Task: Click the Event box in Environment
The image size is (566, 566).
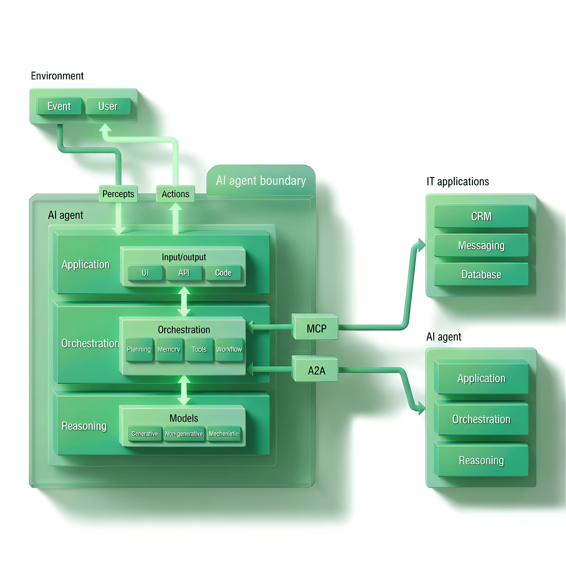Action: (x=59, y=106)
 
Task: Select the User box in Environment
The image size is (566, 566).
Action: (x=108, y=106)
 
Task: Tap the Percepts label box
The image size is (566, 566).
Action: (x=118, y=194)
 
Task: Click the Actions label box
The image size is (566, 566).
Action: (x=175, y=194)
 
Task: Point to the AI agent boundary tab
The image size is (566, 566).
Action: (x=261, y=180)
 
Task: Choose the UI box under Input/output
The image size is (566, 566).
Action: (x=145, y=273)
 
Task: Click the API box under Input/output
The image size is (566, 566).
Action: (x=184, y=273)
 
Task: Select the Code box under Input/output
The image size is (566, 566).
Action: (x=223, y=273)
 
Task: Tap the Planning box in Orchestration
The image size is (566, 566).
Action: (x=138, y=349)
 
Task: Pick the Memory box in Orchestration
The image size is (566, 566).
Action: (x=169, y=349)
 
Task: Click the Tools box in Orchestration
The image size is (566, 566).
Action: (x=199, y=349)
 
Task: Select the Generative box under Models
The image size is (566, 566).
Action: (x=145, y=434)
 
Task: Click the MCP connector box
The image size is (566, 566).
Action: (x=316, y=328)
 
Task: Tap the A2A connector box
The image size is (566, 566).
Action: (x=316, y=371)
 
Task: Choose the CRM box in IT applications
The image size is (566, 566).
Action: (x=481, y=216)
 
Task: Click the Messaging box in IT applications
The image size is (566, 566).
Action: (x=481, y=245)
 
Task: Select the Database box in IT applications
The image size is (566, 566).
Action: (x=481, y=274)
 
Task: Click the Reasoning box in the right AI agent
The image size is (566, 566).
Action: (x=481, y=460)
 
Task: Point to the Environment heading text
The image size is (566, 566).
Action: (x=57, y=76)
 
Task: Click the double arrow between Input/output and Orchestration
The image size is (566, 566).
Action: (x=184, y=302)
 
